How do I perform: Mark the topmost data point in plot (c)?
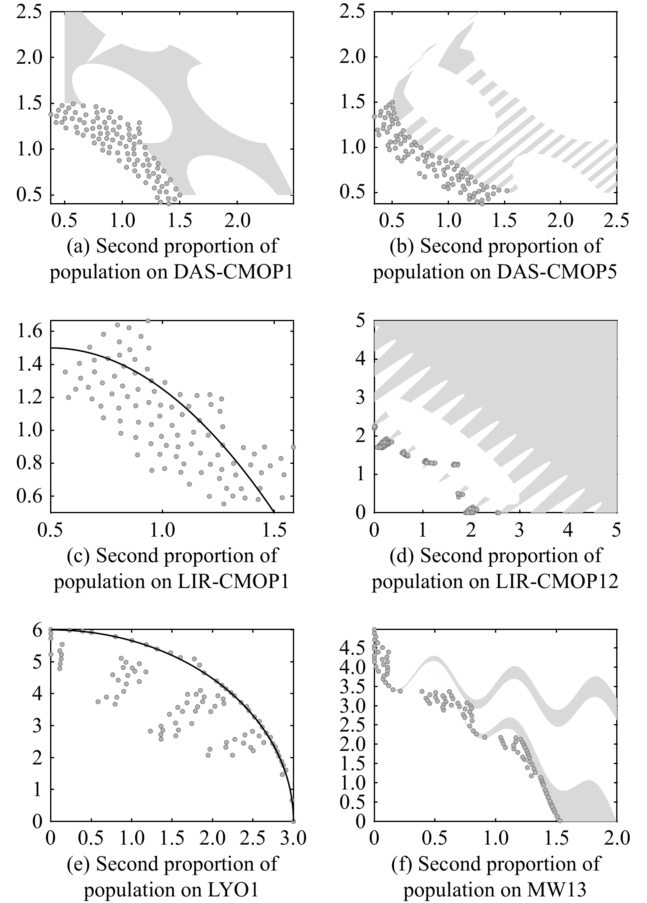tap(148, 321)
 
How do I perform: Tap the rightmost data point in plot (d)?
tap(498, 512)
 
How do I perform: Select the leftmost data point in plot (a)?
tap(51, 114)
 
